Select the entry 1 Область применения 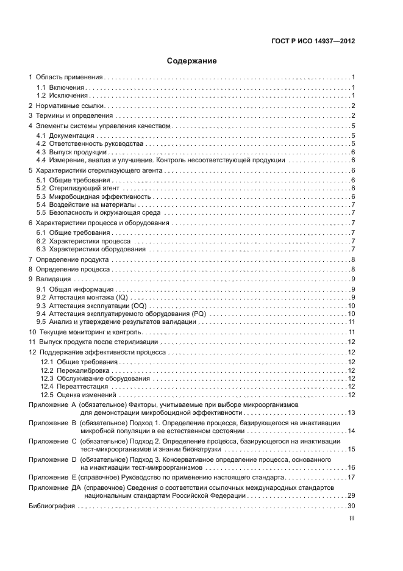[x=66, y=77]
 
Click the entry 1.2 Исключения [x=63, y=96]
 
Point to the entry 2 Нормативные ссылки [x=66, y=106]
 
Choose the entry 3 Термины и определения [x=71, y=116]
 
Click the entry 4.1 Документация [x=65, y=135]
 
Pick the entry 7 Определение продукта [x=70, y=260]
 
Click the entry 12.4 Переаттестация [x=74, y=387]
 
